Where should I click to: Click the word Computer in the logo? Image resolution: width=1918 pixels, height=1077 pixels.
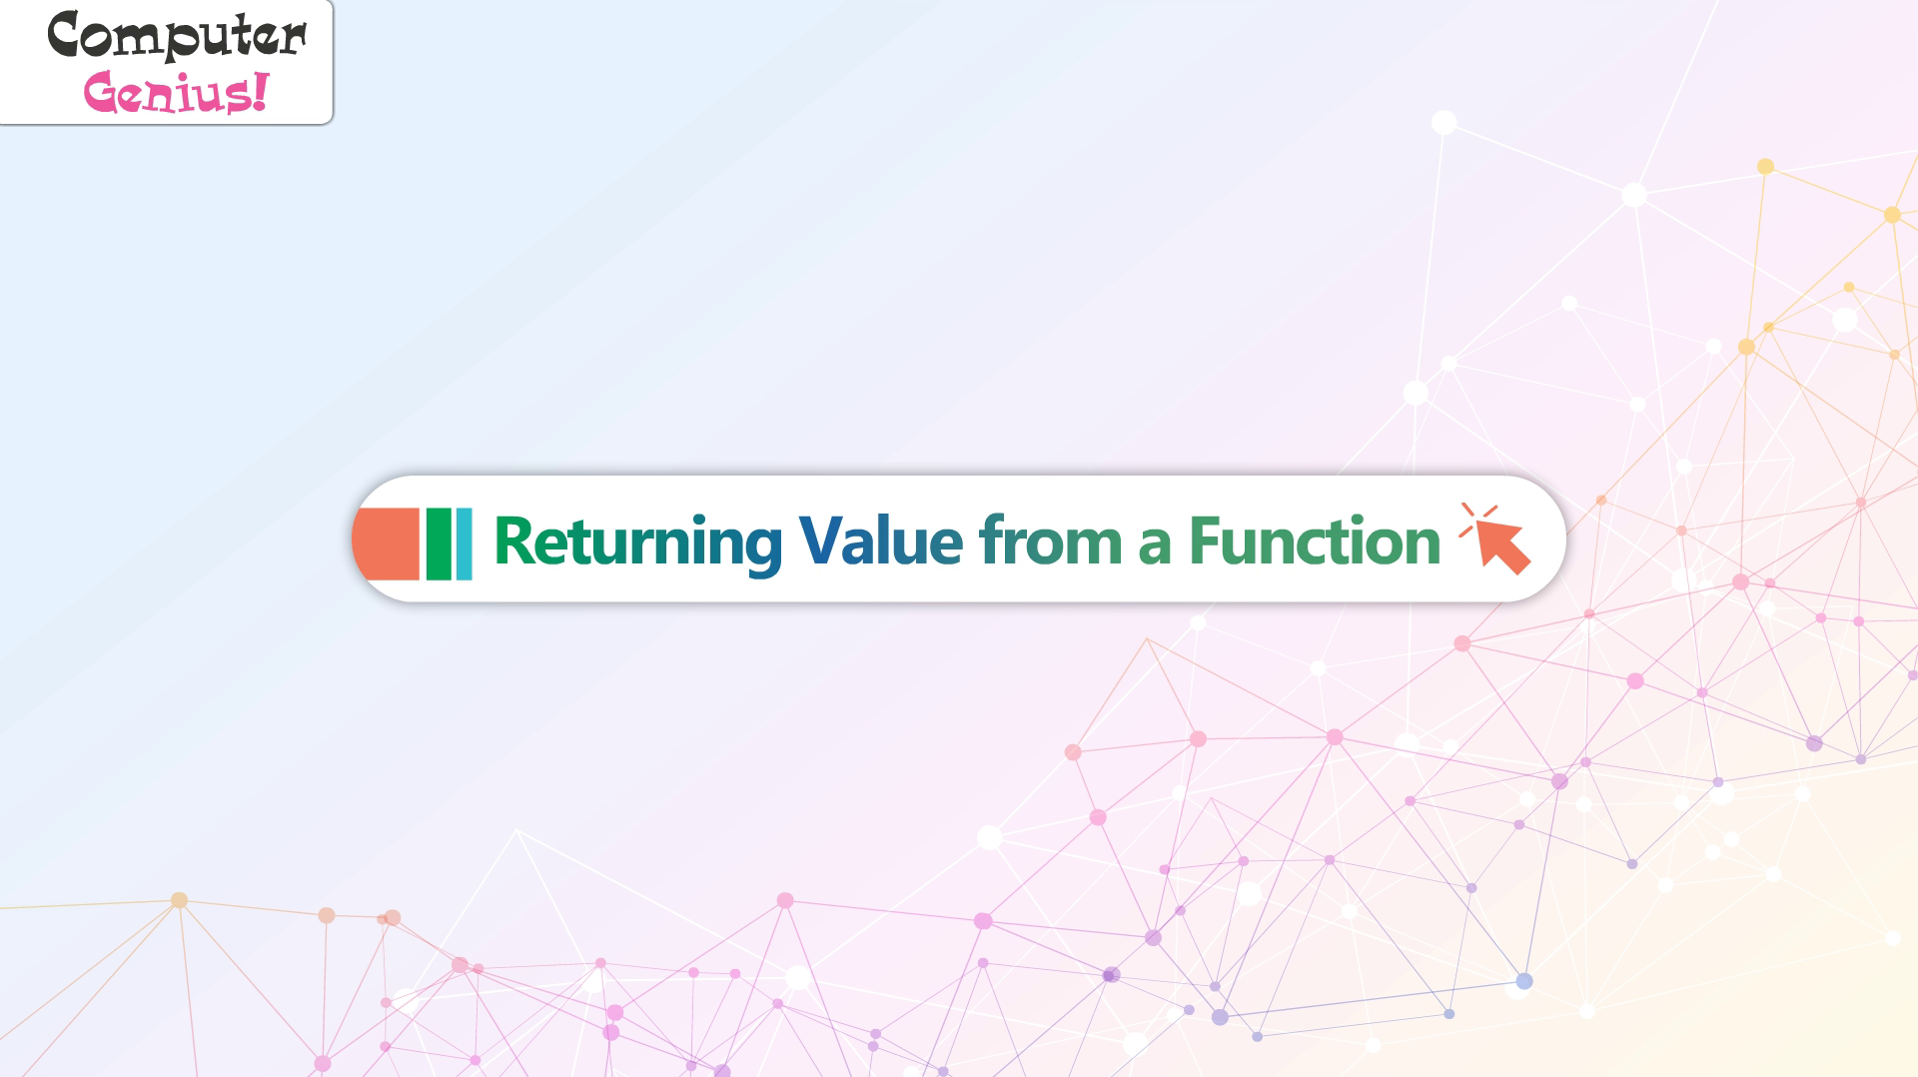pyautogui.click(x=177, y=36)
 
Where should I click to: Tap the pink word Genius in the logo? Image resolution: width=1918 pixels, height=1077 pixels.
pyautogui.click(x=165, y=93)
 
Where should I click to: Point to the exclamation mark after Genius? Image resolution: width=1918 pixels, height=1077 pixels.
pyautogui.click(x=260, y=91)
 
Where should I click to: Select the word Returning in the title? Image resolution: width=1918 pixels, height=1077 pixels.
pyautogui.click(x=637, y=542)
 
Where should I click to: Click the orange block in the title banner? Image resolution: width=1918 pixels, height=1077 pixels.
pyautogui.click(x=386, y=543)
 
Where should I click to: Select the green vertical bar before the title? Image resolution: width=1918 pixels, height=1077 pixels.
pyautogui.click(x=439, y=543)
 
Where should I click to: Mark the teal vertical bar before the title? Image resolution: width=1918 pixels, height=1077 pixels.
pyautogui.click(x=464, y=543)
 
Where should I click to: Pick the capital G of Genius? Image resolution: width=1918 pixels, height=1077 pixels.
pyautogui.click(x=103, y=93)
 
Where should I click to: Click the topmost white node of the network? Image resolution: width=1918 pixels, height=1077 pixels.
pyautogui.click(x=1443, y=123)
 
